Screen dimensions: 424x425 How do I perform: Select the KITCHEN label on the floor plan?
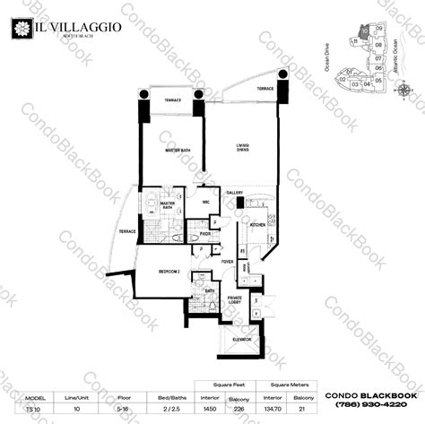point(256,224)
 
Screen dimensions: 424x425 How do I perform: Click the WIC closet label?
point(206,203)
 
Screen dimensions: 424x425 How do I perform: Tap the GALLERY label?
point(236,193)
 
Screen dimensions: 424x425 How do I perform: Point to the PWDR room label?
point(205,233)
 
